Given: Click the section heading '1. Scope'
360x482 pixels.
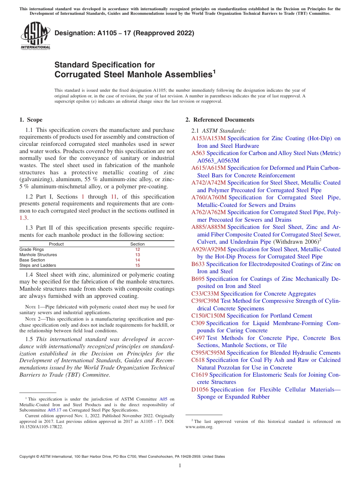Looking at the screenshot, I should pos(31,120).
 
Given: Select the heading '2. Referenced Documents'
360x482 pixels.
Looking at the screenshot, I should pos(219,120).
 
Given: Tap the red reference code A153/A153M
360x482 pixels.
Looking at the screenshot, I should pos(208,138).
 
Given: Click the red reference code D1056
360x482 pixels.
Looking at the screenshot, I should pos(200,390).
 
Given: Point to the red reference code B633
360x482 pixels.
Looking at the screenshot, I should pos(198,264).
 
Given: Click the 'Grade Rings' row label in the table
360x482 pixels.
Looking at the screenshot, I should pos(31,249).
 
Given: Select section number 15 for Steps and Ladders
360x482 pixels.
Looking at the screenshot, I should pos(138,266).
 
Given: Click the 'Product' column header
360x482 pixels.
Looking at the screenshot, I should pos(56,244).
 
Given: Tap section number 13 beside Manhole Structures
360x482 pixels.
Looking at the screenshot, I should pos(138,255).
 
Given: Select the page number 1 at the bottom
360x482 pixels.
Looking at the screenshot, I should pos(180,466).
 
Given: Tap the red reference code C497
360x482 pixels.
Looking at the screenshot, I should pos(198,338).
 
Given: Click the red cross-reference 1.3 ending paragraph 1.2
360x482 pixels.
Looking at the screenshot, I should pos(23,218).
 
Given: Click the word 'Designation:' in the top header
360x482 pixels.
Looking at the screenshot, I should pos(71,33).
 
